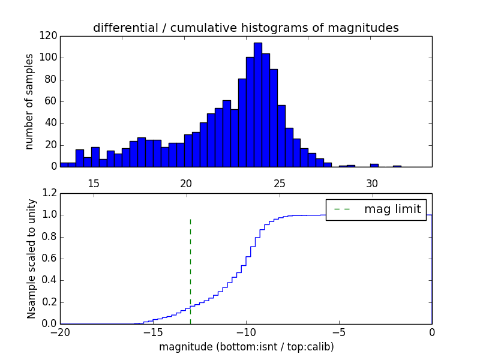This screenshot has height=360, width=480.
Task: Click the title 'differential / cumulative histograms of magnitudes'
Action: coord(245,28)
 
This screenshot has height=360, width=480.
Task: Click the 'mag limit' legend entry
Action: coord(392,209)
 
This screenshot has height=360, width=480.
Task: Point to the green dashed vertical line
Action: coord(190,264)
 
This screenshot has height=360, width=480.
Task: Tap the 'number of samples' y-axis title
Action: coord(29,101)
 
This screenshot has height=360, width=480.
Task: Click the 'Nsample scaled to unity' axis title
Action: coord(31,259)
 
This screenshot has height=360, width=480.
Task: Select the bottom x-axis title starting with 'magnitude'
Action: coord(245,347)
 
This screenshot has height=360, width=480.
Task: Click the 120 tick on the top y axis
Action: coord(49,36)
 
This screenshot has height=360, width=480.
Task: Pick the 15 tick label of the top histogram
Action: coord(93,183)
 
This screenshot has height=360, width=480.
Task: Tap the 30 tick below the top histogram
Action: coord(371,183)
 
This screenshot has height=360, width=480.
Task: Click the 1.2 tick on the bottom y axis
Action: coord(49,193)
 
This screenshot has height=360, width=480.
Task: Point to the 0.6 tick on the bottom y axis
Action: coord(49,259)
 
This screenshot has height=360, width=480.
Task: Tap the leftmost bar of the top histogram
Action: coord(64,164)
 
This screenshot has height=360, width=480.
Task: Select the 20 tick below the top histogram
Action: coord(186,183)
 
